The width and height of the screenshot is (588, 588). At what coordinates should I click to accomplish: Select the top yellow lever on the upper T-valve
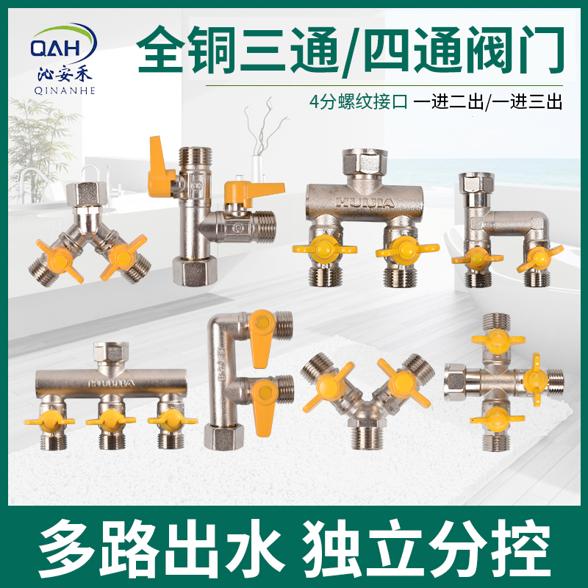162,154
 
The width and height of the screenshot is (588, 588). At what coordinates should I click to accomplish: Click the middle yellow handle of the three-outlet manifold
109,420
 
